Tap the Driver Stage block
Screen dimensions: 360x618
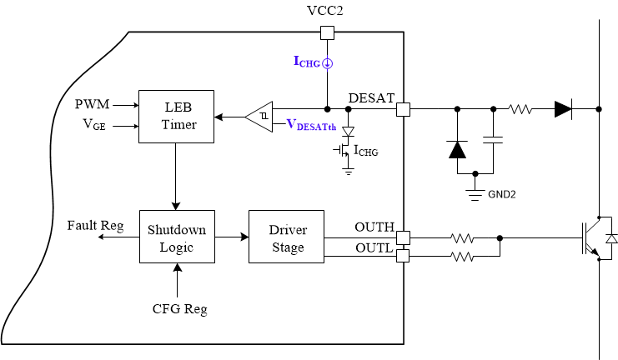pyautogui.click(x=286, y=237)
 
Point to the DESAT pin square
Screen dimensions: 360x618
pyautogui.click(x=404, y=109)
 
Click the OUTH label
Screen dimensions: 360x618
pyautogui.click(x=374, y=226)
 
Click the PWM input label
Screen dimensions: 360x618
pyautogui.click(x=91, y=105)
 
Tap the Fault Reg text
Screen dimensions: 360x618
pyautogui.click(x=95, y=226)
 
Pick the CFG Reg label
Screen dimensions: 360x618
pyautogui.click(x=178, y=309)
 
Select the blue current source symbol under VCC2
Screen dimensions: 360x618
pyautogui.click(x=328, y=62)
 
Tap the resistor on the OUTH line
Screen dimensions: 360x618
pyautogui.click(x=463, y=237)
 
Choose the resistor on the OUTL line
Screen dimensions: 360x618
pyautogui.click(x=463, y=257)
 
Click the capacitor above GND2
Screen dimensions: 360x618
pyautogui.click(x=493, y=142)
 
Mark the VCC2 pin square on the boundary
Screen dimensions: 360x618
pyautogui.click(x=328, y=32)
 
